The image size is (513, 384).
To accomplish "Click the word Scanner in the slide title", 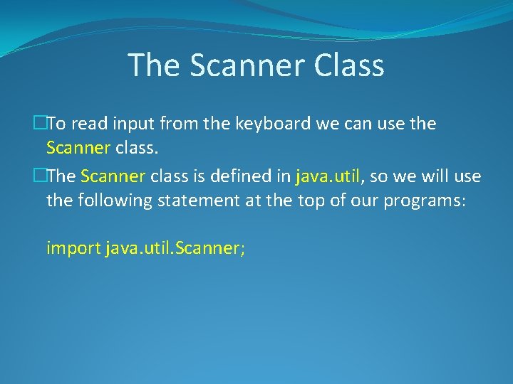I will point(247,65).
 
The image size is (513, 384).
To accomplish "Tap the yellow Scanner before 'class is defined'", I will point(113,176).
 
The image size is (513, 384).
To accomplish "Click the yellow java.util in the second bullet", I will point(327,176).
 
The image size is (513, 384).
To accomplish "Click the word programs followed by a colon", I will point(424,201).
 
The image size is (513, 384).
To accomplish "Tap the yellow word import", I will point(73,248).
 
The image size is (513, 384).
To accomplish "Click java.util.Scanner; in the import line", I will point(175,248).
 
